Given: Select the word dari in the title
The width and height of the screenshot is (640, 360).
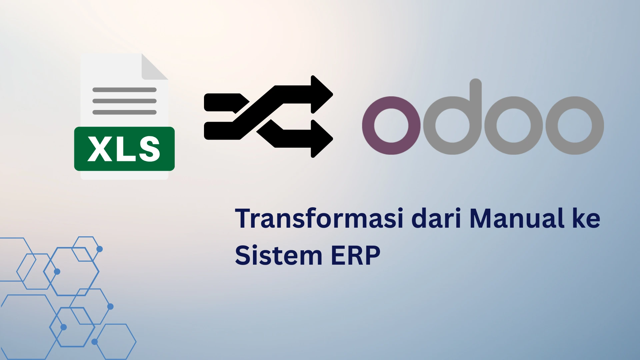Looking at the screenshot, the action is [436, 218].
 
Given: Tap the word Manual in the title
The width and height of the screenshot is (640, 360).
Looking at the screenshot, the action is [517, 218].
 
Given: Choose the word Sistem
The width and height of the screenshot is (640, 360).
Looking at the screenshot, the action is [279, 255].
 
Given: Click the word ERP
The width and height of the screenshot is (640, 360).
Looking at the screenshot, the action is [355, 255].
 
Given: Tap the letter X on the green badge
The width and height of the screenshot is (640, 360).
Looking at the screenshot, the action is [100, 149].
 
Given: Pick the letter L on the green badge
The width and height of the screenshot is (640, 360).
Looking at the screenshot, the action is [125, 149].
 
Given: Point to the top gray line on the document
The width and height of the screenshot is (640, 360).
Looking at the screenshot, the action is [124, 90].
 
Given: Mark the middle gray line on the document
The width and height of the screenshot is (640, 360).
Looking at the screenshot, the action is [124, 101].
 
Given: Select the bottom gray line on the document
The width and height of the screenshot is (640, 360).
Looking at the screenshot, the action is [124, 112].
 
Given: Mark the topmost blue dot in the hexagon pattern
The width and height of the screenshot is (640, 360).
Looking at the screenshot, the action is [99, 249].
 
